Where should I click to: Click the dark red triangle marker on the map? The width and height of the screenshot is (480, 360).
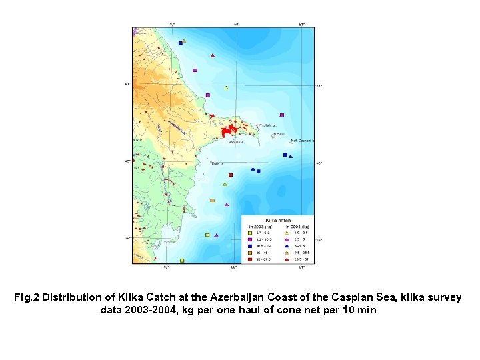click(212, 56)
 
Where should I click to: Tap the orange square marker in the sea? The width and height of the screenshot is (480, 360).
click(212, 200)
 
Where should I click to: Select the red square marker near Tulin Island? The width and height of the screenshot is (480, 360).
click(230, 175)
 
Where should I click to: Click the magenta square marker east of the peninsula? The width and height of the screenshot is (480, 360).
click(282, 115)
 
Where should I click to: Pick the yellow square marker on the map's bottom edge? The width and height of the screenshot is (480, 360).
click(181, 261)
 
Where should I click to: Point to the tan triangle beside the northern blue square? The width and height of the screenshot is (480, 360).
click(184, 41)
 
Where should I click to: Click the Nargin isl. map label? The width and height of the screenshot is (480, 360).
click(235, 142)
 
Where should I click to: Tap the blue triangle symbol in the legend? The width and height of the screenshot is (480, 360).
click(287, 246)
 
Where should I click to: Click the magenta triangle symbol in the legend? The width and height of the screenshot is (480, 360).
click(287, 239)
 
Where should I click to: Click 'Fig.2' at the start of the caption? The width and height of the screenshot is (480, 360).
click(26, 297)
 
